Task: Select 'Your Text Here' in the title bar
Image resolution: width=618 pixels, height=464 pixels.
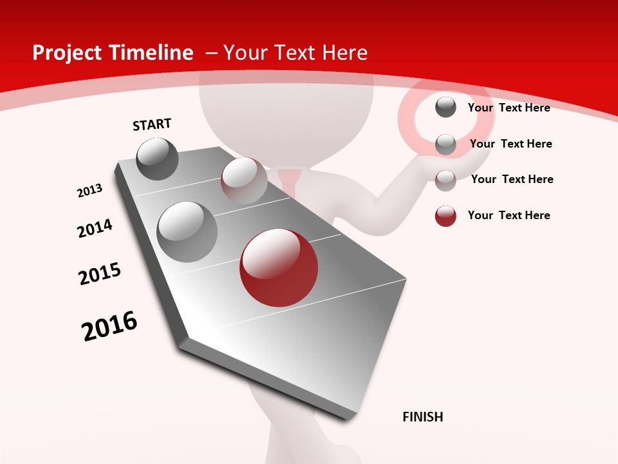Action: (x=295, y=53)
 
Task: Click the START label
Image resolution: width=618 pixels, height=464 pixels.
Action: (x=152, y=124)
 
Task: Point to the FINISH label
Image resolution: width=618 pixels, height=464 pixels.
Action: (x=423, y=417)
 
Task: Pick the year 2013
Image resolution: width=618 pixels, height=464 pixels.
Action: (x=89, y=191)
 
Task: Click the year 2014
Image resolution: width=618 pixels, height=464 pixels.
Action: (x=95, y=229)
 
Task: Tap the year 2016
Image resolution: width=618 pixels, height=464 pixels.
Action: (x=109, y=326)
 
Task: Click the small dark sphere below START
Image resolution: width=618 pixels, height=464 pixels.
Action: (x=157, y=159)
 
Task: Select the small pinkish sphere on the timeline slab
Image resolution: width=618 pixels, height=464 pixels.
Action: (x=244, y=180)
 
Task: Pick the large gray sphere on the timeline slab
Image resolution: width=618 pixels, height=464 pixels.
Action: (x=187, y=232)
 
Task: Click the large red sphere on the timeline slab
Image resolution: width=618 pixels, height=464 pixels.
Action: (x=278, y=267)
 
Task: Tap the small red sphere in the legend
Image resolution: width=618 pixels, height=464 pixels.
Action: (x=445, y=216)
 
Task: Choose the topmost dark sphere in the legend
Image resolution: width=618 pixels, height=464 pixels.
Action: (x=445, y=107)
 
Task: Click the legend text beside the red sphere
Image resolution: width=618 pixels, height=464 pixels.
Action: (x=509, y=215)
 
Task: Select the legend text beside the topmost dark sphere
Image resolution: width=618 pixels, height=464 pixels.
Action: (x=509, y=108)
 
